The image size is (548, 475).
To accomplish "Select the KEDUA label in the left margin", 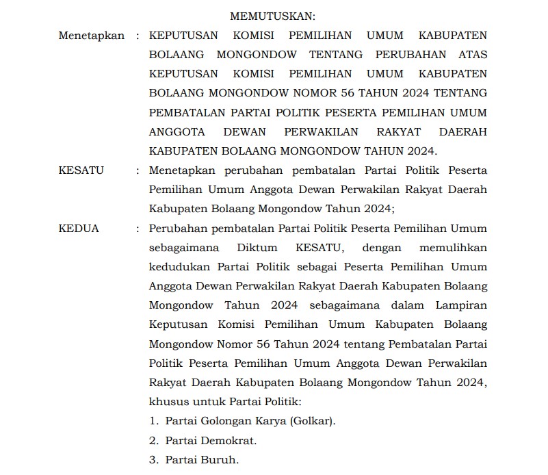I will [x=79, y=229].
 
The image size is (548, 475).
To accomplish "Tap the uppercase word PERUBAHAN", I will [x=402, y=54].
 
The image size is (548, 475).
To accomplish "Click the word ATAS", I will [x=472, y=54].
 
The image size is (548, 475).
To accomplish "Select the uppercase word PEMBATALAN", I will [x=185, y=112].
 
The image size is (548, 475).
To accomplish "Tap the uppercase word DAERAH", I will [x=462, y=131].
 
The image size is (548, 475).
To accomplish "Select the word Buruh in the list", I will [x=220, y=460].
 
